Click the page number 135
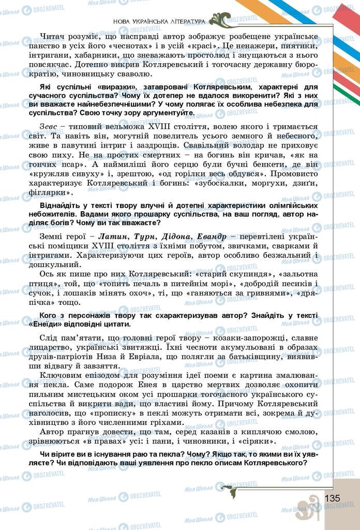click(x=332, y=497)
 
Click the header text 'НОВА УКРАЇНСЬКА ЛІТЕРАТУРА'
click(x=159, y=21)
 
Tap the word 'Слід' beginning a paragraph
click(x=48, y=338)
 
